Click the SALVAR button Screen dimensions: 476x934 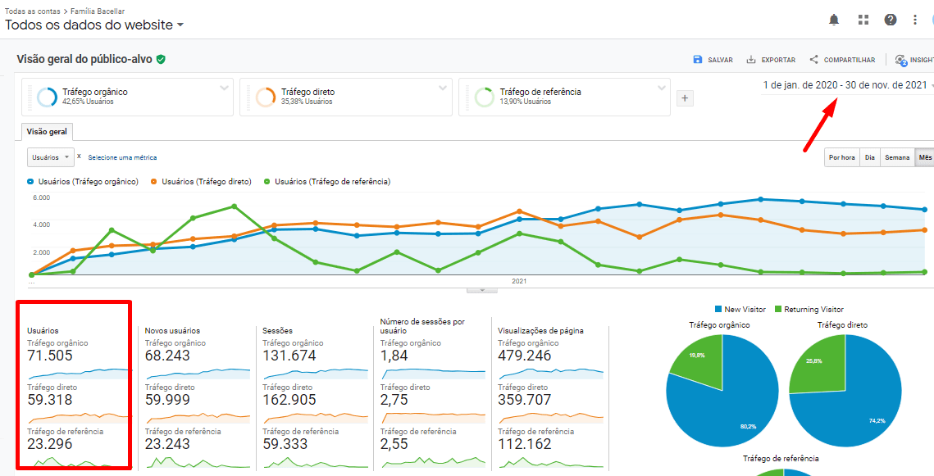pyautogui.click(x=713, y=60)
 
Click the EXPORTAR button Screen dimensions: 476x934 pyautogui.click(x=771, y=60)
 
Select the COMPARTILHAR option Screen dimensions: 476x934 pyautogui.click(x=842, y=60)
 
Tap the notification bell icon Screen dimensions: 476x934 pyautogui.click(x=834, y=20)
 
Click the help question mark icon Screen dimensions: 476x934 pyautogui.click(x=891, y=20)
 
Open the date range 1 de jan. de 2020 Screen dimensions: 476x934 pyautogui.click(x=845, y=85)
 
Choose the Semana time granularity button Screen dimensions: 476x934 pyautogui.click(x=897, y=157)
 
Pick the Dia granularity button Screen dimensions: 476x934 pyautogui.click(x=869, y=157)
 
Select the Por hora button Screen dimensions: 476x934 pyautogui.click(x=842, y=157)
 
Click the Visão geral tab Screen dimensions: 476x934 pyautogui.click(x=47, y=131)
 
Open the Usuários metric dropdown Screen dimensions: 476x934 pyautogui.click(x=50, y=157)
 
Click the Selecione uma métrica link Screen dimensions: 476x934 pyautogui.click(x=122, y=157)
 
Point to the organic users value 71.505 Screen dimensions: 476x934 pyautogui.click(x=50, y=356)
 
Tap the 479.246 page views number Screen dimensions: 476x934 pyautogui.click(x=525, y=356)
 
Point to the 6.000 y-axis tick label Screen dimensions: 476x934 pyautogui.click(x=41, y=197)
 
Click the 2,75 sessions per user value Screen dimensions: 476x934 pyautogui.click(x=394, y=400)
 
